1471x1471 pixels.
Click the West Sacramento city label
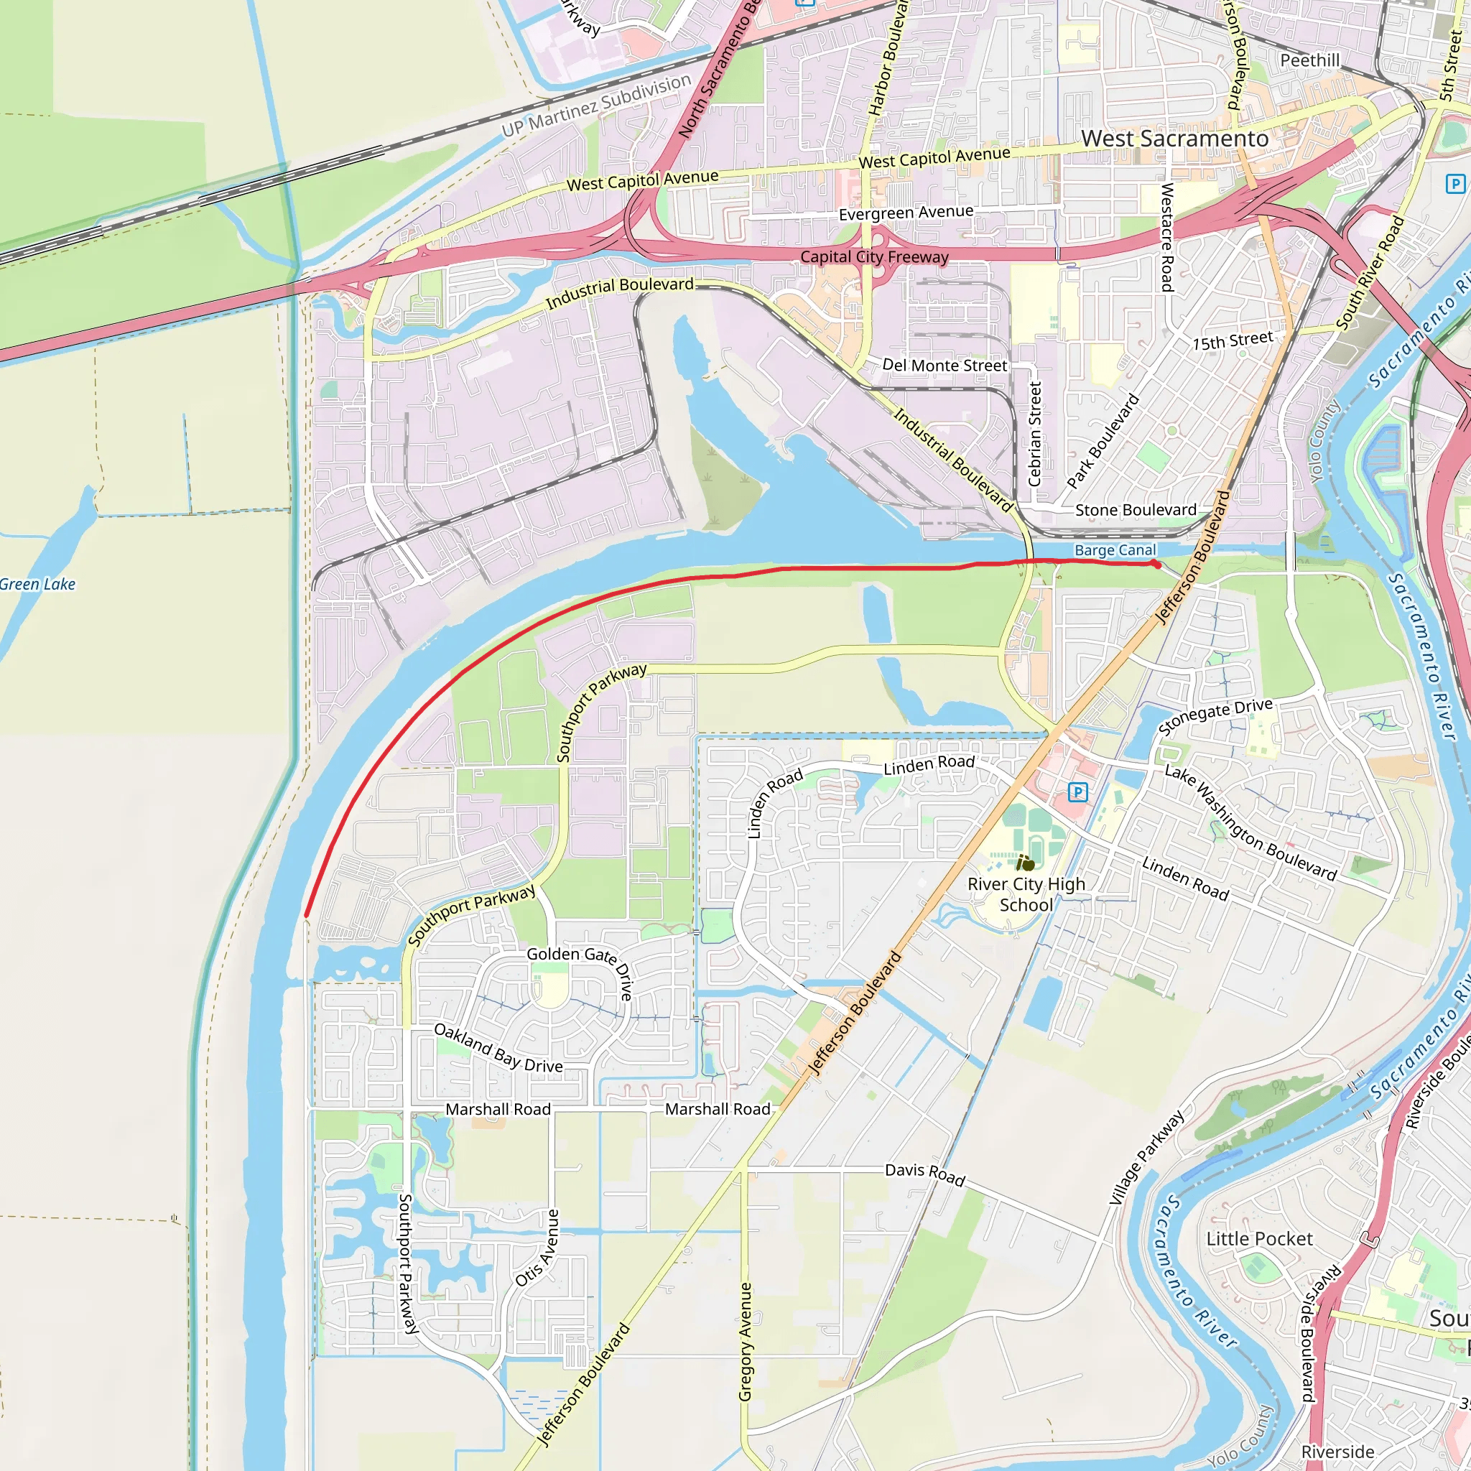tap(1174, 139)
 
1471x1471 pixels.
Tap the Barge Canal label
tap(1115, 549)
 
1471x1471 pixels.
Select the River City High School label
tap(1026, 894)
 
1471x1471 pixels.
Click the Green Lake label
tap(37, 584)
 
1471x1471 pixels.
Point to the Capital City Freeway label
tap(874, 256)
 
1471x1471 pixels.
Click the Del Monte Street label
tap(944, 366)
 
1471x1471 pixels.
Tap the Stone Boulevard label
tap(1136, 509)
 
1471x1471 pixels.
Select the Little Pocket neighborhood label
tap(1259, 1239)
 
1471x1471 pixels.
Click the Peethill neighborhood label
tap(1309, 60)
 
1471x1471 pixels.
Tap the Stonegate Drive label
tap(1215, 716)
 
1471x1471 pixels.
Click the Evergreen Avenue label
tap(906, 213)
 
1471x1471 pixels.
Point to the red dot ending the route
tap(1156, 564)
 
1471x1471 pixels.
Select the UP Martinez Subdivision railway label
tap(596, 106)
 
